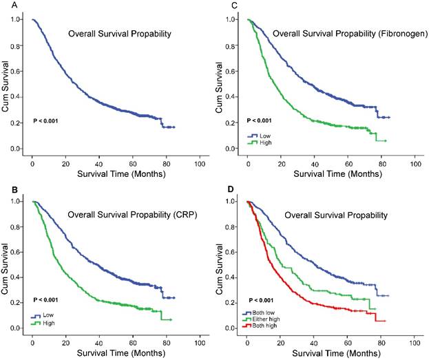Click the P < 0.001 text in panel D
[262, 300]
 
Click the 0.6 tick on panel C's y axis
[232, 71]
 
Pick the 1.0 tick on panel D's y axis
[232, 202]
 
